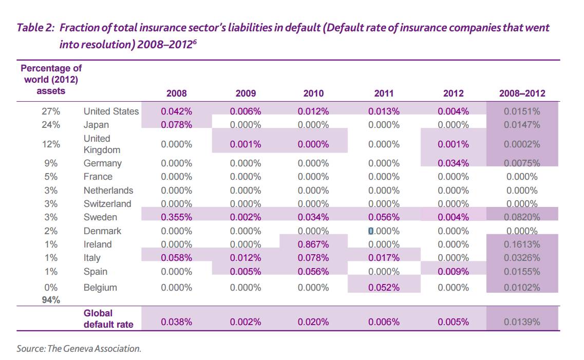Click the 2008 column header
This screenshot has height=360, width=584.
pos(176,93)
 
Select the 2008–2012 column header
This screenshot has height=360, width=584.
pos(522,93)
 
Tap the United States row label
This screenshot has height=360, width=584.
pos(111,111)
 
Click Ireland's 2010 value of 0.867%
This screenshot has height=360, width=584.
pos(313,244)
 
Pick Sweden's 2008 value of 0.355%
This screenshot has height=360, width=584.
pos(176,217)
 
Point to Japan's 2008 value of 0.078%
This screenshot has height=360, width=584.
pos(176,125)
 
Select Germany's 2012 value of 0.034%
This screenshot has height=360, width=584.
pos(453,163)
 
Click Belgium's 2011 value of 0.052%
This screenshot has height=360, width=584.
pos(384,288)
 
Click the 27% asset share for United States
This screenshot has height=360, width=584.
pos(51,111)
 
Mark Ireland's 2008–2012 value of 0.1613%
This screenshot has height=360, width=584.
pos(522,244)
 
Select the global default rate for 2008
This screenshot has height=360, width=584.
pos(176,322)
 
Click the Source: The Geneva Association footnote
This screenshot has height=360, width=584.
pos(79,349)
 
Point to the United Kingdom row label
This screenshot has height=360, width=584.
pos(102,144)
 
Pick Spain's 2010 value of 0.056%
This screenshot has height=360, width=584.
pos(313,272)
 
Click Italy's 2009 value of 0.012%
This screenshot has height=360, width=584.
pos(246,258)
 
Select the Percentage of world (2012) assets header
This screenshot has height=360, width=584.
pos(51,79)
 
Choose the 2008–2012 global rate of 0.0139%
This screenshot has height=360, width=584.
pos(522,322)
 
